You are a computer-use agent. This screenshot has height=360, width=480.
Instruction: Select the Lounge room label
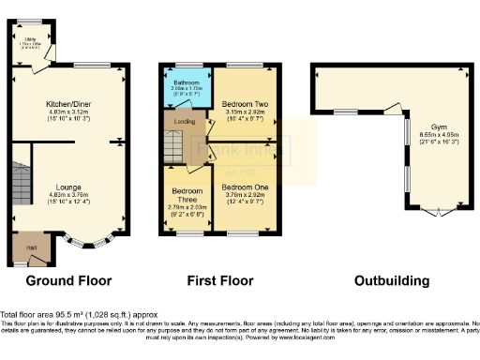coord(67,187)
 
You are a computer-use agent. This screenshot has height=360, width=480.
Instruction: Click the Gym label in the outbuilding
coord(439,127)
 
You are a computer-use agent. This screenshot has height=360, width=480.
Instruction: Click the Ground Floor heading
coord(67,280)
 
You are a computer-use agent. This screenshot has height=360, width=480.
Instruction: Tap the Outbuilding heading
coord(391,280)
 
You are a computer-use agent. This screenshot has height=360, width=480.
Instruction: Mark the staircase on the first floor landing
coord(175,145)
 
